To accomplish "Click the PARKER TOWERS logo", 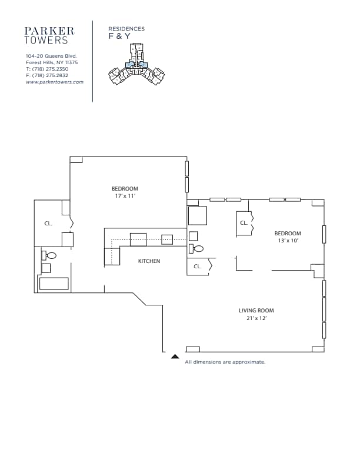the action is tap(49, 36).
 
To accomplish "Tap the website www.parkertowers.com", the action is tap(55, 82).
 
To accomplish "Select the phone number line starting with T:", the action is tap(47, 69).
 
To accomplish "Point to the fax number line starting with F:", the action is tap(47, 75).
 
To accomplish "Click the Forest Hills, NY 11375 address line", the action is tap(52, 62).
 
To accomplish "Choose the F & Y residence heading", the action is tap(119, 36).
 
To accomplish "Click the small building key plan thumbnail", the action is tap(136, 64).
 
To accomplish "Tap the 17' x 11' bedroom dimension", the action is tap(125, 196).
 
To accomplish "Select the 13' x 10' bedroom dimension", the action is tap(288, 241).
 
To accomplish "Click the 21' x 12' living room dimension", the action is tap(256, 318).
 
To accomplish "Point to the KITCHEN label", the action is tap(149, 261).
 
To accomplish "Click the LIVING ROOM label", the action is tap(256, 311).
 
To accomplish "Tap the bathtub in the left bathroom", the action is tap(54, 284).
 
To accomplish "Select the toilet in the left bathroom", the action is tap(49, 255).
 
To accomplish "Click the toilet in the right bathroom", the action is tap(196, 248).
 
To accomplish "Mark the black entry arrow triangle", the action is tap(175, 357).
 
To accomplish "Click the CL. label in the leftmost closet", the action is tap(48, 224).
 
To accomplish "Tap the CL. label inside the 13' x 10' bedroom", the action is tap(244, 223).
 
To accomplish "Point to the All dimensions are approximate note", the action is tap(225, 362).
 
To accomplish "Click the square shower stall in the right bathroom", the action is tap(198, 216).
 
